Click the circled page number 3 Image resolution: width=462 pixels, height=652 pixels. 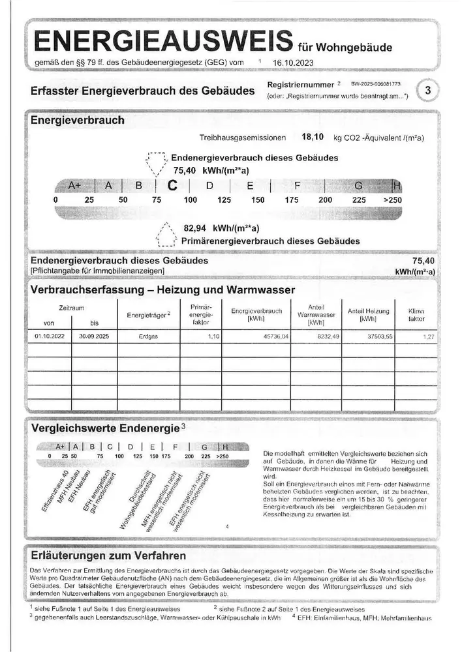[x=427, y=91]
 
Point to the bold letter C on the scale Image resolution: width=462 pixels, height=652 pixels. [x=173, y=185]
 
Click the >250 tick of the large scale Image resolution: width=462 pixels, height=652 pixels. [x=393, y=200]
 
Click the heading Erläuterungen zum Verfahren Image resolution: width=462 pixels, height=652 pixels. [x=108, y=556]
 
